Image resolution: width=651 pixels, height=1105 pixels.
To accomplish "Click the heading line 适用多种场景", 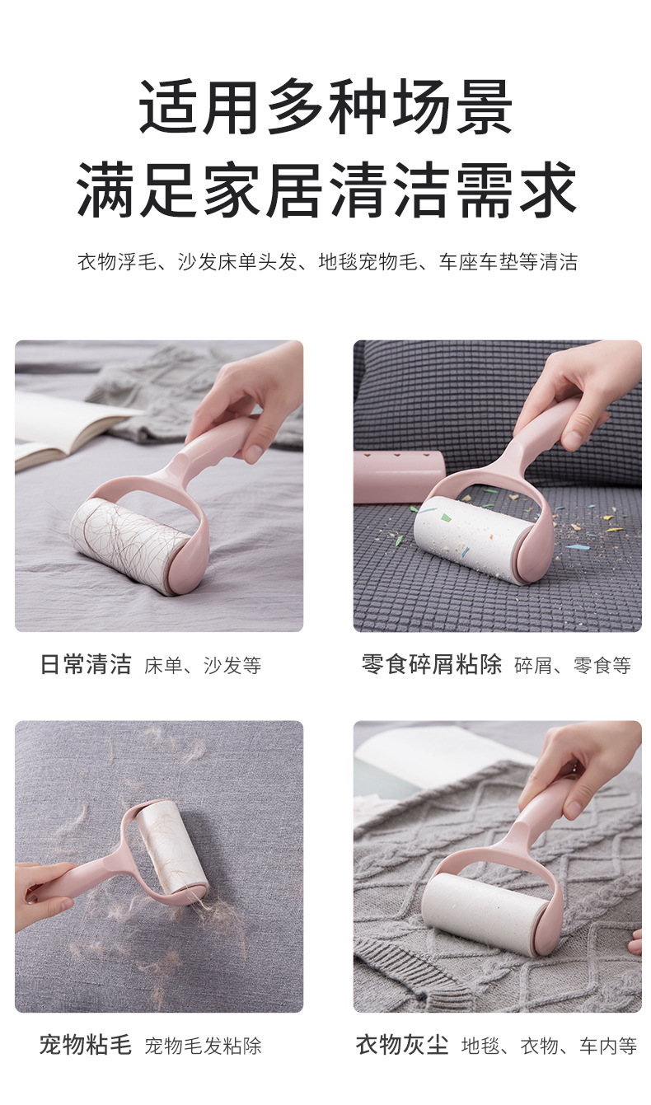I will (x=325, y=107).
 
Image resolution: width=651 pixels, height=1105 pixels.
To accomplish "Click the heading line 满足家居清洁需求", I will (x=325, y=190).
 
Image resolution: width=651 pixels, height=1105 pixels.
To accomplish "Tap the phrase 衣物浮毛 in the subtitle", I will (x=110, y=263).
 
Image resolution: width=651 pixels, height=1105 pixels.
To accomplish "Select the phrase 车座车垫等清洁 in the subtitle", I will (x=508, y=263).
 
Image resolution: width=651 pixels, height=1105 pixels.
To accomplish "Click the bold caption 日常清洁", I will (x=86, y=665).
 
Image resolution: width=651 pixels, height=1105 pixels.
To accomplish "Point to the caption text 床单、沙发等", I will (x=203, y=666).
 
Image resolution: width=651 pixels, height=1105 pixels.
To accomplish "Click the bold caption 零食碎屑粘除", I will (x=432, y=665).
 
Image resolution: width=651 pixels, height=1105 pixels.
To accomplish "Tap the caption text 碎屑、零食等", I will (x=573, y=666).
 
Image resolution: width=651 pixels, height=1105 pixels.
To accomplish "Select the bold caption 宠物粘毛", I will (x=86, y=1046).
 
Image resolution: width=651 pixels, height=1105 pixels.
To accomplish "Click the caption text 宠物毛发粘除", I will (x=203, y=1046).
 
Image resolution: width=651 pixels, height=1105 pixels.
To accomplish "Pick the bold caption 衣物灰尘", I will (x=402, y=1046).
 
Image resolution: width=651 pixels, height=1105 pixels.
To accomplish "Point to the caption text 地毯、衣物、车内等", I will (x=549, y=1046).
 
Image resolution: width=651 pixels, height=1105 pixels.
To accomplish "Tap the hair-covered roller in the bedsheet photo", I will (x=128, y=544).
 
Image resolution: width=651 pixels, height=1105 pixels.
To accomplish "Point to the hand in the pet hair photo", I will (x=41, y=894).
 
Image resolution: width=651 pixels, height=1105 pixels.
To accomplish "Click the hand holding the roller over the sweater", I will (x=589, y=762).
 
